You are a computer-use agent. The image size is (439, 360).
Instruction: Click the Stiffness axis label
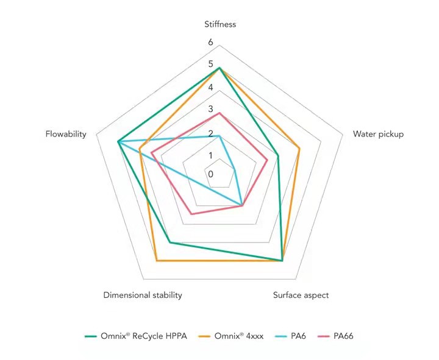(220, 24)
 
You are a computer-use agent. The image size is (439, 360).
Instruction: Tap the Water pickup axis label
(378, 134)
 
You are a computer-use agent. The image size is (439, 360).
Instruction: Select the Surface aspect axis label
(301, 295)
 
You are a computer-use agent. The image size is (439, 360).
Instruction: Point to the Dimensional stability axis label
(143, 295)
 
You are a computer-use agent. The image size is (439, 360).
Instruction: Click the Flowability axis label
(65, 134)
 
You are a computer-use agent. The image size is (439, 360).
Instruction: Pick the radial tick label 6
(210, 42)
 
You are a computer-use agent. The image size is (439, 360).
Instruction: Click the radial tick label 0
(210, 174)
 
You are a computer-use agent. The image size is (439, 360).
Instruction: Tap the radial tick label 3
(210, 110)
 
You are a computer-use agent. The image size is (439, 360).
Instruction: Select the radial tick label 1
(210, 155)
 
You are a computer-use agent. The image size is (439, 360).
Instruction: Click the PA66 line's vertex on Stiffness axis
(220, 113)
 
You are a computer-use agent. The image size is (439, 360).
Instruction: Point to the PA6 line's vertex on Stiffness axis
(220, 135)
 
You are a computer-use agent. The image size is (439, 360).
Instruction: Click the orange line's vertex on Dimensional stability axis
(157, 261)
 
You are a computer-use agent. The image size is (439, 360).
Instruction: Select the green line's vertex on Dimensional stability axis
(170, 242)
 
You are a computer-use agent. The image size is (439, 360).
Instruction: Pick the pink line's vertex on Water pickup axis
(268, 159)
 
